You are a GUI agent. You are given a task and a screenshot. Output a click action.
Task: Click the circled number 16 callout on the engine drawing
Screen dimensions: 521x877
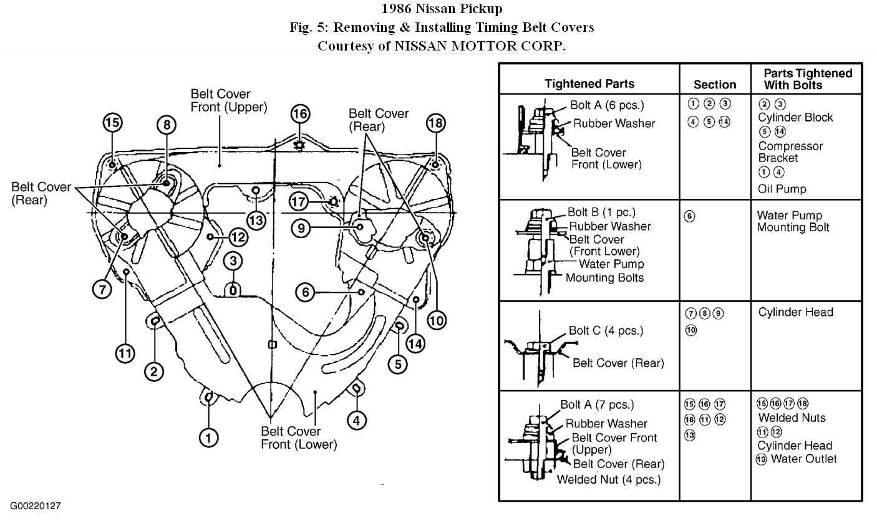pos(300,114)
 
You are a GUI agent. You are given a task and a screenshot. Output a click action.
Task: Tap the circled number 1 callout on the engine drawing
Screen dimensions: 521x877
pos(209,437)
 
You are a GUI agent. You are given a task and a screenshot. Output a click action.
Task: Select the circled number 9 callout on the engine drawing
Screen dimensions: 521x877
pos(301,228)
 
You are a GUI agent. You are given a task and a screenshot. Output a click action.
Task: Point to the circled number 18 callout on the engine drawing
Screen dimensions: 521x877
pos(435,123)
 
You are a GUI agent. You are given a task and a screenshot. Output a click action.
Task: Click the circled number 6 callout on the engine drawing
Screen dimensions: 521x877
pos(304,292)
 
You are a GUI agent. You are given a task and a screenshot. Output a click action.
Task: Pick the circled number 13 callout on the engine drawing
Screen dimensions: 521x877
pos(256,219)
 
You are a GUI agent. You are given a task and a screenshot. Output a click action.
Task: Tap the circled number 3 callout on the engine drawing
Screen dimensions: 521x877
pos(233,260)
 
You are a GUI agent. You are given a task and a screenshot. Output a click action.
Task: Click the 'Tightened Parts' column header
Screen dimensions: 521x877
pos(589,84)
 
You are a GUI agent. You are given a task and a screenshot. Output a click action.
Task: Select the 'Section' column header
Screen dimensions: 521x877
pos(715,84)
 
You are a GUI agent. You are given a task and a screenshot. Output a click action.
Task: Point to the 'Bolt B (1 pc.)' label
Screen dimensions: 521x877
pos(601,213)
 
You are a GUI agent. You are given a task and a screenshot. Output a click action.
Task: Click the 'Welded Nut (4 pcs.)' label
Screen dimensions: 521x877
pos(608,479)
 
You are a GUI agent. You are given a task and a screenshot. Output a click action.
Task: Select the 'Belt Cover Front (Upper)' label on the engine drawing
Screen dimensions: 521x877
pos(229,100)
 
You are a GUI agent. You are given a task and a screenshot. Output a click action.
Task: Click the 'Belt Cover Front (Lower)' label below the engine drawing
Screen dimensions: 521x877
pos(298,437)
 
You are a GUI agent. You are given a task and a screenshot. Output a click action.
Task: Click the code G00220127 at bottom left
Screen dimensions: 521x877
pos(35,506)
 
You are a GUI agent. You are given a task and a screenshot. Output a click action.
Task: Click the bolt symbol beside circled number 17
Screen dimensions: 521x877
pos(333,201)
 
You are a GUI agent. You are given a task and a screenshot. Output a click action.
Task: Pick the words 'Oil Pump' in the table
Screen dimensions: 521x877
pos(782,188)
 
